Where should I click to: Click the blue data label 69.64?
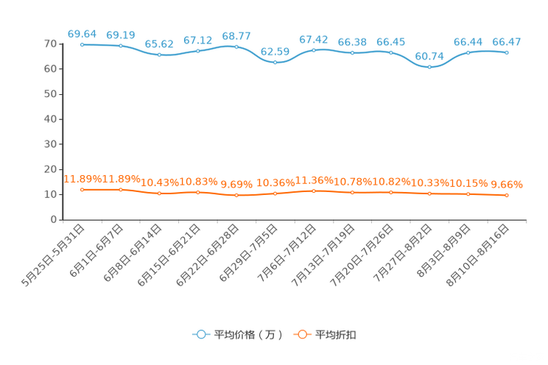tap(82, 34)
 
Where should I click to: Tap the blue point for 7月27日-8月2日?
tap(429, 67)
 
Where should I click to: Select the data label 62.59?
tap(275, 52)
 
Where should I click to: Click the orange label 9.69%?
tap(236, 184)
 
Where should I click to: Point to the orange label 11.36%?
tap(315, 180)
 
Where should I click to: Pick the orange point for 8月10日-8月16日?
tap(507, 195)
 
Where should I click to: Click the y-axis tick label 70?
tap(50, 43)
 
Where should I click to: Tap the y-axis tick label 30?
tap(50, 144)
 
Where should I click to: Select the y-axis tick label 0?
tap(54, 219)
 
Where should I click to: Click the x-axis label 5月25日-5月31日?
tap(53, 255)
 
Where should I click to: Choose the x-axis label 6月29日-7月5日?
tap(248, 253)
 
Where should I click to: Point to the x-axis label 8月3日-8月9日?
tap(444, 251)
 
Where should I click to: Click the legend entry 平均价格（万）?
tap(237, 335)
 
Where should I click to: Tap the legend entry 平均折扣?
tap(325, 335)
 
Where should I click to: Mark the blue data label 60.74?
tap(429, 56)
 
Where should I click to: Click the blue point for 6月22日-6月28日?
tap(236, 47)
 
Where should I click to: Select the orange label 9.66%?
tap(507, 185)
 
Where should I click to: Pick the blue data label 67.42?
tap(314, 40)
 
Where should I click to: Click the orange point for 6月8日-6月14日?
tap(159, 193)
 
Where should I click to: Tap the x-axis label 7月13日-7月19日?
tap(323, 255)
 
